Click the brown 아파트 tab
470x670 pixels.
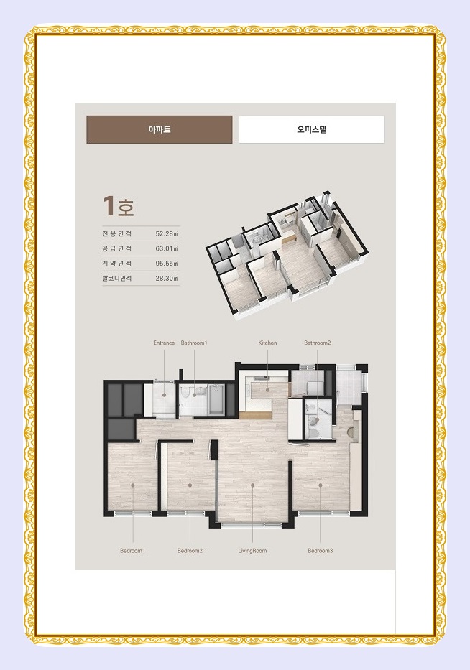[160, 129]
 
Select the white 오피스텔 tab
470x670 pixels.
[311, 129]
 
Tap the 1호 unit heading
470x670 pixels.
[119, 206]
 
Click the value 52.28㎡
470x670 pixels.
[167, 233]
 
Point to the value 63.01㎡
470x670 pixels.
[167, 248]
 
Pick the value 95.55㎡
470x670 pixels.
[167, 264]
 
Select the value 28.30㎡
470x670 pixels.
[167, 278]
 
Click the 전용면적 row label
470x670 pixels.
[116, 233]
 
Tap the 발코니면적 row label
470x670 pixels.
[116, 278]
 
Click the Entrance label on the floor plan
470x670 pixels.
[164, 343]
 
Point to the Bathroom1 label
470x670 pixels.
[194, 343]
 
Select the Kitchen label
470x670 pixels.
[268, 343]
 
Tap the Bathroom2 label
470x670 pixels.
[318, 343]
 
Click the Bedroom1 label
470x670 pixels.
[132, 551]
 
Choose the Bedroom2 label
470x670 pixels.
[190, 551]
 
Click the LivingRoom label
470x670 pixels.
[252, 551]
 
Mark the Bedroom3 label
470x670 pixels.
[321, 551]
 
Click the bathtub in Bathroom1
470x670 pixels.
[216, 399]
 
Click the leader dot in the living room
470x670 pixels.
[253, 485]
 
